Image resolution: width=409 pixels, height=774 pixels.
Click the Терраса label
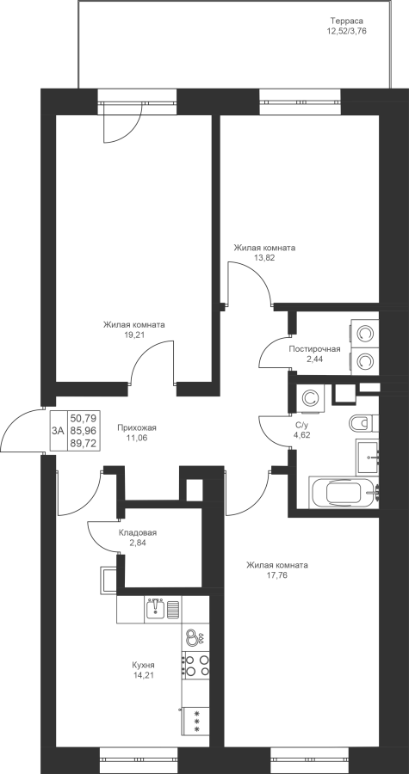pos(347,21)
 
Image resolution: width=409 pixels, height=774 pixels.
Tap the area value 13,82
pos(264,257)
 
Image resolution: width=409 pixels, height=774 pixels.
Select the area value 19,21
pos(133,335)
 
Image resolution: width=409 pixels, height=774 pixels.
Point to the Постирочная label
pos(314,349)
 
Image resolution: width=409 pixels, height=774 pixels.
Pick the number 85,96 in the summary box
pos(83,431)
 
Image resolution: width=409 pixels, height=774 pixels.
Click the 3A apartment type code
pos(58,431)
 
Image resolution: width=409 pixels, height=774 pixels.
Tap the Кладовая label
pos(137,532)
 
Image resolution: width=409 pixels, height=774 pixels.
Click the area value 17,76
pos(277,574)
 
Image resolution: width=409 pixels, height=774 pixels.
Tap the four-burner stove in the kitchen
pos(196,665)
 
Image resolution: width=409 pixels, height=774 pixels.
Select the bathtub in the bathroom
pos(344,493)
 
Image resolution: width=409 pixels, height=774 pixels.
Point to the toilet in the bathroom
pos(363,423)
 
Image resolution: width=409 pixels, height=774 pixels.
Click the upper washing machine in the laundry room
pos(364,334)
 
